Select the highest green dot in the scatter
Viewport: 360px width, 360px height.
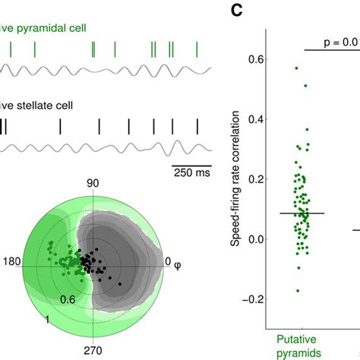click(x=296, y=68)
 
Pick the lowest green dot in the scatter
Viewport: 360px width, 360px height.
click(x=298, y=291)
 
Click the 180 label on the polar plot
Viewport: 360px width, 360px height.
click(x=11, y=261)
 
